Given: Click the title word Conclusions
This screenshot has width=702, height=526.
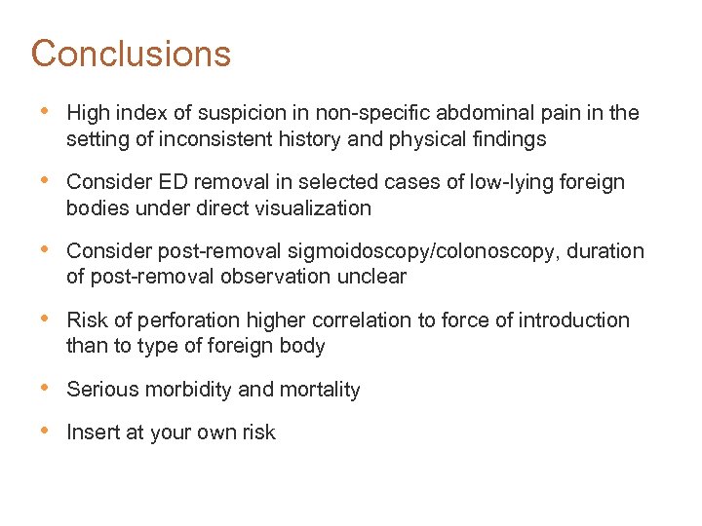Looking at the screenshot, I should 131,54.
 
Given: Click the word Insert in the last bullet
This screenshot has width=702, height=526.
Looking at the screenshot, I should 91,432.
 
